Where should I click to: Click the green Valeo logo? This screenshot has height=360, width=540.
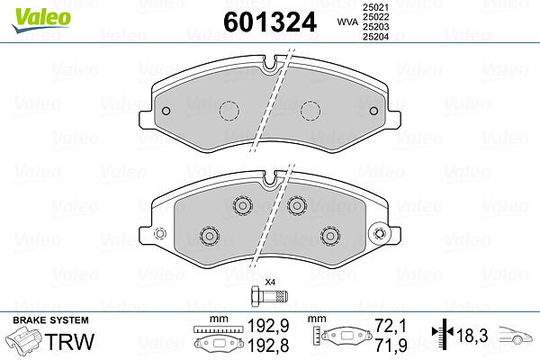point(41,21)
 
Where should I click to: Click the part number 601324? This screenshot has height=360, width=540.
point(270,22)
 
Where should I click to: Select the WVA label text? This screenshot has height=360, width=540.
point(347,22)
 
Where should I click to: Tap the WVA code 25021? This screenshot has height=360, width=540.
point(375,7)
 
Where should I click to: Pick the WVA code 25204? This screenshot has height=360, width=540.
point(375,36)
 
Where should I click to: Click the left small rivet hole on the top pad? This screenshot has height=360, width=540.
point(166,111)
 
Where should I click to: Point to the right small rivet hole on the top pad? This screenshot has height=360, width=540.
point(373,111)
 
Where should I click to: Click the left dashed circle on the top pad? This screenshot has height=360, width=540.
point(229,111)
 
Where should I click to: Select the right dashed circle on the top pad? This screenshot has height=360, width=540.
point(310,111)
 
